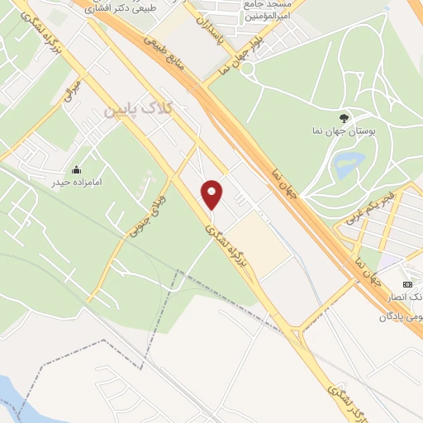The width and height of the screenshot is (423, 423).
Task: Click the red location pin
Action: pyautogui.click(x=212, y=194)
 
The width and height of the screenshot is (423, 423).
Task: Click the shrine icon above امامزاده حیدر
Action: pyautogui.click(x=77, y=169)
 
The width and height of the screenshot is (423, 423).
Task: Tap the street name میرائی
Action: pyautogui.click(x=73, y=90)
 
